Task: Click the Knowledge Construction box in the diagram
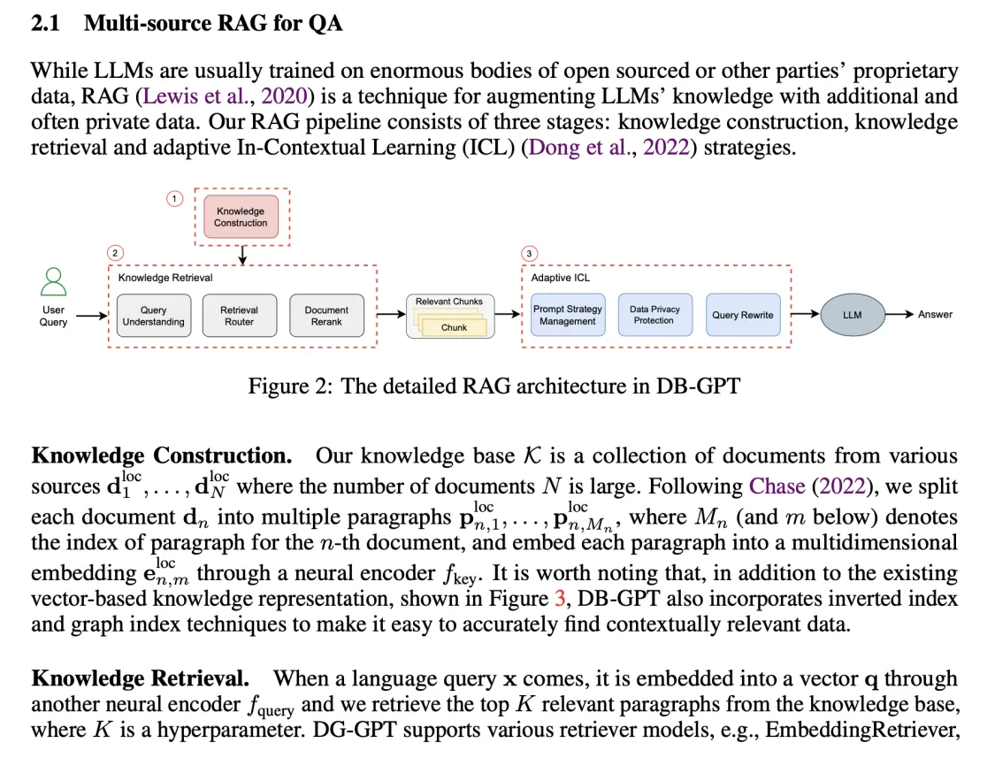pos(241,217)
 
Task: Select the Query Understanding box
pos(153,316)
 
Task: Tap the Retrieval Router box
pos(239,316)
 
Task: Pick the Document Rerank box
pos(326,316)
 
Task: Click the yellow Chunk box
pos(455,327)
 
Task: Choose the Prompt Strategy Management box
pos(567,315)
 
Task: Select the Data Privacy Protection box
pos(654,315)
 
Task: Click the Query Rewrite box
pos(742,315)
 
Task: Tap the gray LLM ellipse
pos(852,315)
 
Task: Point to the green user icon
pos(53,282)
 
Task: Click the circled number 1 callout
pos(174,199)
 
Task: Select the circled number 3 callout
pos(529,254)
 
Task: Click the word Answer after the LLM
pos(935,315)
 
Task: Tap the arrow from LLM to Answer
pos(897,315)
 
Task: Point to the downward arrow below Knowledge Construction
pos(242,255)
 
